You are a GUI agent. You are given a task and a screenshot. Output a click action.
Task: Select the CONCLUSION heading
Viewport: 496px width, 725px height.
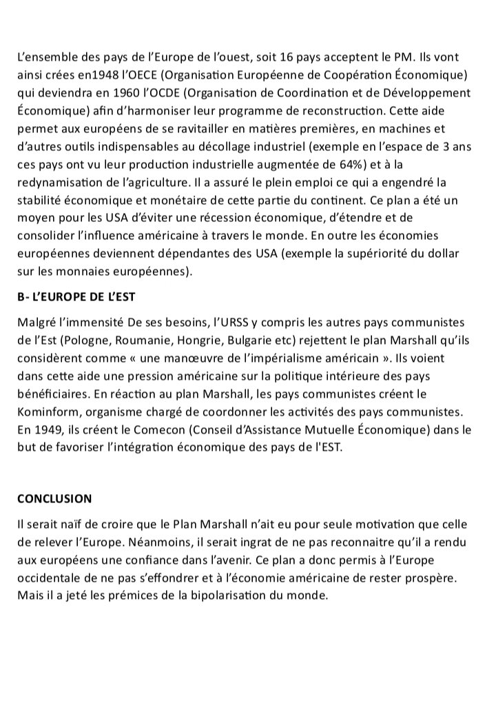tap(54, 498)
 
